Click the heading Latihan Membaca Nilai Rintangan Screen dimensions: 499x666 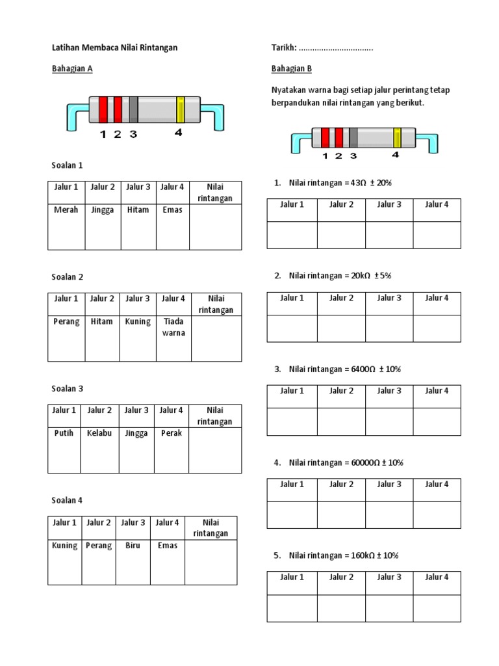114,47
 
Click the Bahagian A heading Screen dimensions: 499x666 72,68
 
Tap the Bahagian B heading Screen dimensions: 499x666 292,68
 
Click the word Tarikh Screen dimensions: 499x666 283,47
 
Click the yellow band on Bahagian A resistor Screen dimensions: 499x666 181,109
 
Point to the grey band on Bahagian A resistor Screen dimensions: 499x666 133,109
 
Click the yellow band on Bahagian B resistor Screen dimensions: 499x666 397,138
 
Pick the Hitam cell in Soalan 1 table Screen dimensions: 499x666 138,210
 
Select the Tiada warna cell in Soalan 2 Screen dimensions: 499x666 174,327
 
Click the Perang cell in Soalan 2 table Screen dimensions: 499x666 66,321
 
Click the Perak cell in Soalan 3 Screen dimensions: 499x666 172,433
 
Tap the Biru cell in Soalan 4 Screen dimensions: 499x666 133,546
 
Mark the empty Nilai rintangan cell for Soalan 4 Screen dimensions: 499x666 211,562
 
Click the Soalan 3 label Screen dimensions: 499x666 68,389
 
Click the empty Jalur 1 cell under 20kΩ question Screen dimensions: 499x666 292,328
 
